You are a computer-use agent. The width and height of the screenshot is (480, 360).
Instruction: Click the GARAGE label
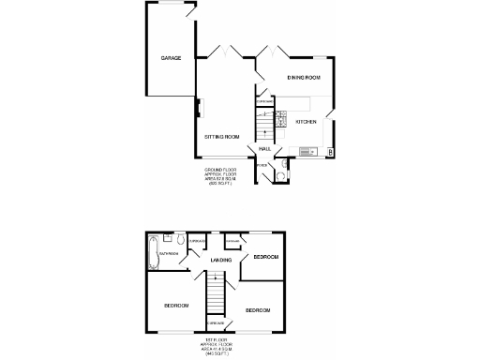(x=170, y=59)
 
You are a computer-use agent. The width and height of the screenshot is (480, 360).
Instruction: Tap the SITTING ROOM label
(x=222, y=137)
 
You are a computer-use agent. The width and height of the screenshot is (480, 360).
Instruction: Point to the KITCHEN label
(x=307, y=122)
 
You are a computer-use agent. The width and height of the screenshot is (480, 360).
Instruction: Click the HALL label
(x=265, y=147)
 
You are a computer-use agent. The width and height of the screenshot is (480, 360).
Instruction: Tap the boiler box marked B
(x=331, y=151)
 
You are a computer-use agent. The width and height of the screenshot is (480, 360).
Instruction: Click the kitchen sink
(x=307, y=151)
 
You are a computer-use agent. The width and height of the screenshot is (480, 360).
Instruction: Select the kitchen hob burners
(x=279, y=118)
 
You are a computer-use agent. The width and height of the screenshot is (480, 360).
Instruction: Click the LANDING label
(x=221, y=260)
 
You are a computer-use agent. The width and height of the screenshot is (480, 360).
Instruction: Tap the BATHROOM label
(x=169, y=253)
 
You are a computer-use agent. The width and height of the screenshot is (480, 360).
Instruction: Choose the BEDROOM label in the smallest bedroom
(x=266, y=256)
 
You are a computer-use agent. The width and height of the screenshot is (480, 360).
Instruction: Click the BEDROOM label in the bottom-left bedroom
(x=175, y=306)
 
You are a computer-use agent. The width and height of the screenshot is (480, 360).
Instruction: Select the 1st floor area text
(x=217, y=348)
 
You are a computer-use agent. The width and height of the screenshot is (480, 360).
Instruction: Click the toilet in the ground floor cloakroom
(x=279, y=173)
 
